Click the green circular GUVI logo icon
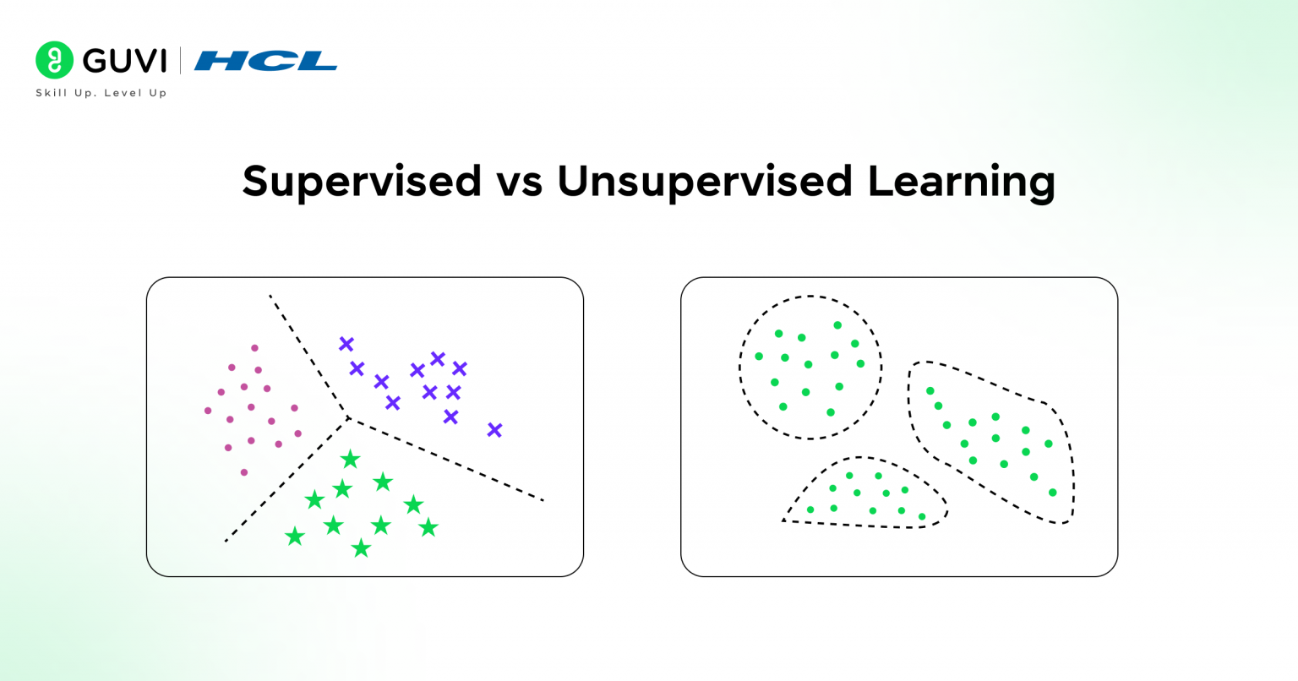pyautogui.click(x=54, y=60)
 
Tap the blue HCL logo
pyautogui.click(x=265, y=61)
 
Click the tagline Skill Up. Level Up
pyautogui.click(x=101, y=93)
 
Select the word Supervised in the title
pyautogui.click(x=362, y=181)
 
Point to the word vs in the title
pyautogui.click(x=519, y=181)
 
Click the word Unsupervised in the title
pyautogui.click(x=704, y=181)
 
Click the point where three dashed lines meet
pyautogui.click(x=347, y=417)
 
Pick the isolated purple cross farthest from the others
pyautogui.click(x=494, y=430)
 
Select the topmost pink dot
pyautogui.click(x=254, y=348)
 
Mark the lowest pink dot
pyautogui.click(x=244, y=472)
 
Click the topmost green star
pyautogui.click(x=350, y=460)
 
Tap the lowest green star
pyautogui.click(x=361, y=549)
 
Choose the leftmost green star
pyautogui.click(x=295, y=537)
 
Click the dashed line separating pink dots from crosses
pyautogui.click(x=308, y=355)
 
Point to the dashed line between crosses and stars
pyautogui.click(x=448, y=460)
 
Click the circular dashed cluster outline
pyautogui.click(x=740, y=368)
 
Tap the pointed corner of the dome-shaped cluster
pyautogui.click(x=785, y=520)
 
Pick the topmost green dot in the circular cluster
pyautogui.click(x=837, y=325)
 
